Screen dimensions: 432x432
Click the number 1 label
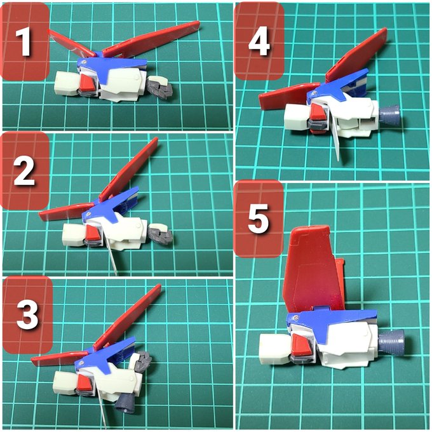[x=23, y=42]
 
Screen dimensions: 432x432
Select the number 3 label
[x=27, y=314]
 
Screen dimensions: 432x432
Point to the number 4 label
[x=259, y=41]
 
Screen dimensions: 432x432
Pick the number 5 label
[x=258, y=219]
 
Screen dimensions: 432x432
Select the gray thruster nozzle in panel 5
[x=391, y=342]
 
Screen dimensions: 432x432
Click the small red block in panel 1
[x=88, y=83]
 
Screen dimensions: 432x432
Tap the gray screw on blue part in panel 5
[x=296, y=318]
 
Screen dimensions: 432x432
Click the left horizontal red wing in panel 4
[x=289, y=96]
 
